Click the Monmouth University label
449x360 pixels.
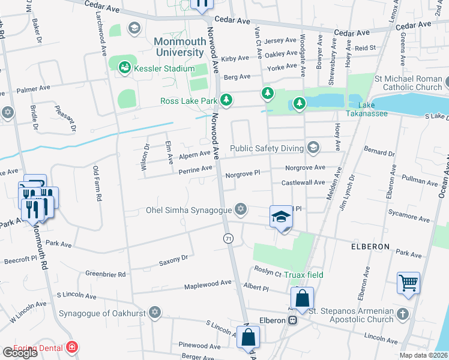tap(179, 47)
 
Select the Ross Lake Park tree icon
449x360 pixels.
tap(226, 100)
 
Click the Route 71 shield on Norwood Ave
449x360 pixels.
tap(228, 239)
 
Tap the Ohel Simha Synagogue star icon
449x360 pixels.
tap(241, 209)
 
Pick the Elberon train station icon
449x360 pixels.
tap(293, 320)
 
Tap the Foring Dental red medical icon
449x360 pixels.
tap(72, 347)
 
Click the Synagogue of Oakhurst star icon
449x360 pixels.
tap(155, 313)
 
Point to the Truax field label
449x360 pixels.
tap(304, 275)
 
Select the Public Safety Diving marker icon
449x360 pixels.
tap(312, 147)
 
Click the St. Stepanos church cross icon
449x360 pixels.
tap(402, 314)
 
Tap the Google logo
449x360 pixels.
tap(20, 353)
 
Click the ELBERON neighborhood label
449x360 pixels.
tap(370, 247)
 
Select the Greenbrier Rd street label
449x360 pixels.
tap(105, 274)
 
